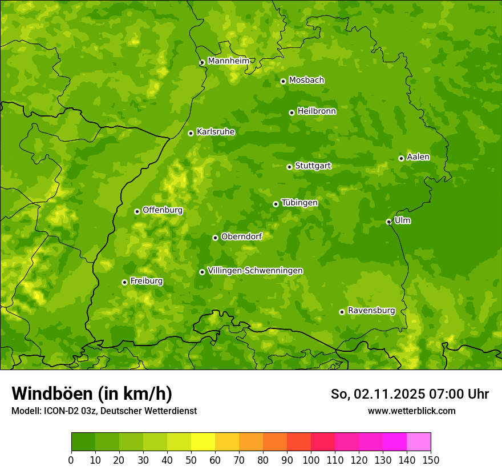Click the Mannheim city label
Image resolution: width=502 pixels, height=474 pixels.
(x=228, y=61)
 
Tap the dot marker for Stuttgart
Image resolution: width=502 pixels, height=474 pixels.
(x=290, y=167)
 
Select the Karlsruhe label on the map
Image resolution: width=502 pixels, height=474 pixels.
(x=216, y=131)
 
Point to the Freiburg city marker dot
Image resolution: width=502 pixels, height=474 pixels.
(x=124, y=282)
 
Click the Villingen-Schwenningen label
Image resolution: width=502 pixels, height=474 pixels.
(x=255, y=270)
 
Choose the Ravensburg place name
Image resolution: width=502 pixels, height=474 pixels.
(x=371, y=310)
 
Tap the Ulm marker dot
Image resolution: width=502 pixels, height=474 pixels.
(x=389, y=222)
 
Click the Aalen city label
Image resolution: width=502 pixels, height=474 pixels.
(x=418, y=156)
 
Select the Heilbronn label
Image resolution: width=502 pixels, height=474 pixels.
(x=317, y=111)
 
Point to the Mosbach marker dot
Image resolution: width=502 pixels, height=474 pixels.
(x=283, y=81)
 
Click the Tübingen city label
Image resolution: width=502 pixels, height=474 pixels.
(x=299, y=202)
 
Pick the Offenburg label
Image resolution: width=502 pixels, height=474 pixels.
(x=163, y=210)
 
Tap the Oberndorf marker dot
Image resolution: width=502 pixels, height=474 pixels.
(x=215, y=238)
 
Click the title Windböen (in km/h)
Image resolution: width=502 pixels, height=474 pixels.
(x=92, y=393)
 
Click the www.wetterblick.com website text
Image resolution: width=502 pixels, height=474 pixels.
(x=411, y=411)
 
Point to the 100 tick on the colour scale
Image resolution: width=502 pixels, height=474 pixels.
(x=311, y=460)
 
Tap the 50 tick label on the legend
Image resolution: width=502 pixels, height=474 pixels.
(x=191, y=460)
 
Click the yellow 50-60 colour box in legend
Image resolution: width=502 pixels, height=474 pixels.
(x=203, y=442)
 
